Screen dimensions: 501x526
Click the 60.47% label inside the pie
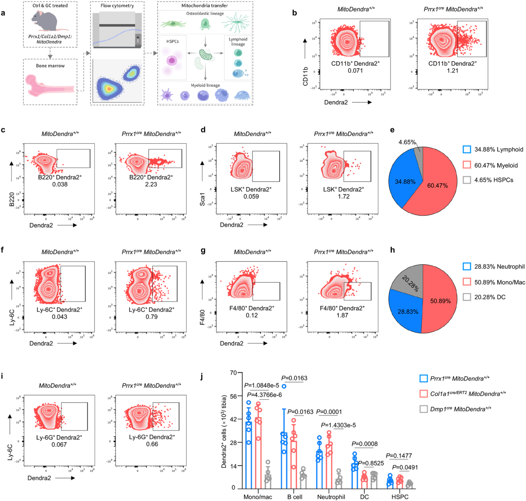(437, 185)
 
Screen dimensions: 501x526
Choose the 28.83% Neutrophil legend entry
(494, 266)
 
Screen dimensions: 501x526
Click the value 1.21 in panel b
(452, 71)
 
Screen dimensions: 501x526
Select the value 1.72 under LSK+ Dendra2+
(344, 196)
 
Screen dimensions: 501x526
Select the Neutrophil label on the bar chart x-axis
(331, 497)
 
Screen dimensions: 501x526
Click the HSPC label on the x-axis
(400, 497)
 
